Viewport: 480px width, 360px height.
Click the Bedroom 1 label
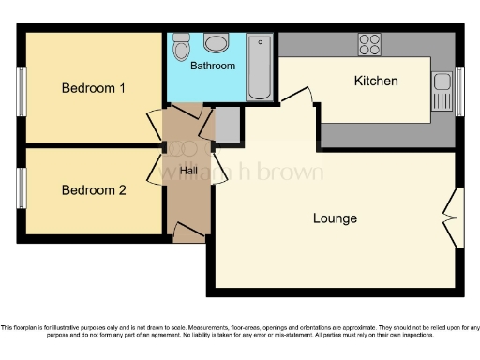point(94,88)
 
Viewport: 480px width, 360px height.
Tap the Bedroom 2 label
point(94,189)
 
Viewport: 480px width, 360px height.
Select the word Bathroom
point(213,67)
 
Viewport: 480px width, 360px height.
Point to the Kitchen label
point(375,81)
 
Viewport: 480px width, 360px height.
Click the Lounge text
point(335,218)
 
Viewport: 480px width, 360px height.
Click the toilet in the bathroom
point(182,45)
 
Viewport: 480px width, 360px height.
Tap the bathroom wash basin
point(216,43)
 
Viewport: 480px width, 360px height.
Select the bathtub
point(259,67)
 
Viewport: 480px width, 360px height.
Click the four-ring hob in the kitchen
point(369,44)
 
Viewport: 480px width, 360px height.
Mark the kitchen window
point(459,92)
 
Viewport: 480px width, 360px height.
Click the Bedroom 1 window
point(21,91)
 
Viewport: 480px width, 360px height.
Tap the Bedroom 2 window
point(21,187)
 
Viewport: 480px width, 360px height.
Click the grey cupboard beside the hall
point(228,125)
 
